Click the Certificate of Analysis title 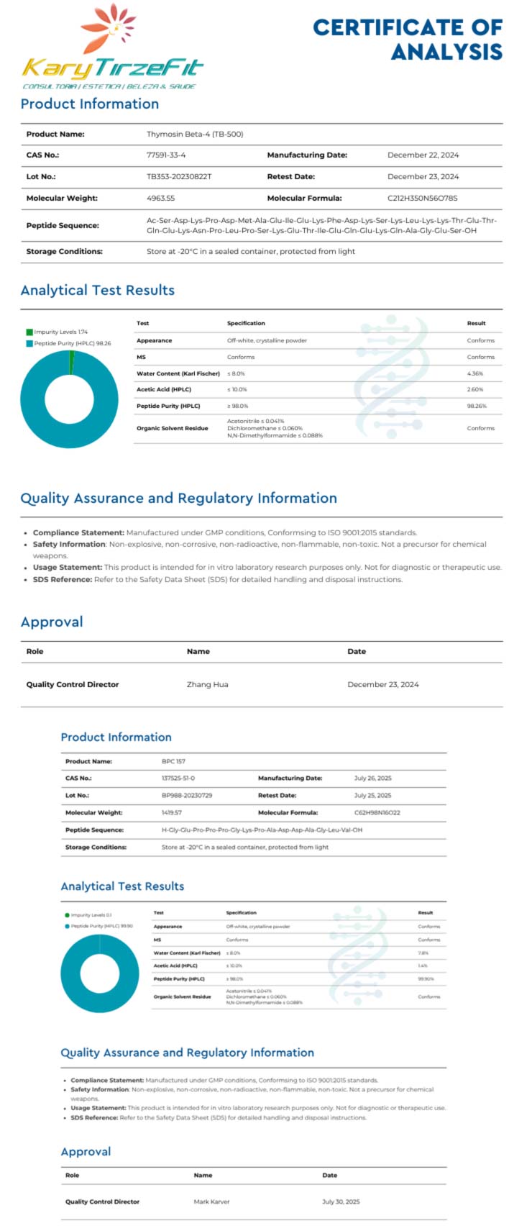click(x=408, y=40)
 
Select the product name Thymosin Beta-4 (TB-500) click(x=195, y=135)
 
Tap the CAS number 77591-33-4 click(x=166, y=155)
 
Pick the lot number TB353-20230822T click(x=179, y=177)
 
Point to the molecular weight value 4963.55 click(x=160, y=199)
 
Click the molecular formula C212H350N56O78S click(x=423, y=199)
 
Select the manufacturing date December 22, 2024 click(x=423, y=155)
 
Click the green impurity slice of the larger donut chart click(x=71, y=363)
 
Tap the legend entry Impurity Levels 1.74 click(x=60, y=332)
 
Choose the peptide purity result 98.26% click(x=477, y=406)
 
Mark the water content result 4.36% click(x=475, y=374)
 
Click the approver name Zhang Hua click(x=207, y=685)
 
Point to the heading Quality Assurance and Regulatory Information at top click(x=178, y=499)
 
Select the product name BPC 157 click(x=174, y=761)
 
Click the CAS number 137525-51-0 click(x=178, y=778)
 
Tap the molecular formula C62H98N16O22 click(x=377, y=813)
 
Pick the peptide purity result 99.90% click(x=426, y=979)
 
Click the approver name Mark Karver click(x=211, y=1202)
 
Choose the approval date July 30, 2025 click(x=341, y=1202)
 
